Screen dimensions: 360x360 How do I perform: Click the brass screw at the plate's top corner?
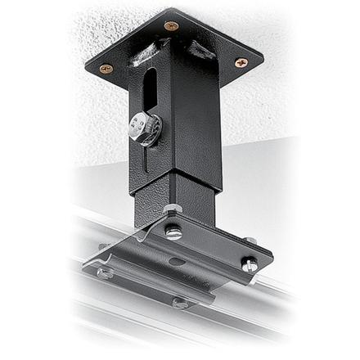tap(170, 26)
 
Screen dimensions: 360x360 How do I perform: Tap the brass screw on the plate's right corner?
tap(241, 62)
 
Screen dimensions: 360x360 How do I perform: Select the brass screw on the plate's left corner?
tap(106, 70)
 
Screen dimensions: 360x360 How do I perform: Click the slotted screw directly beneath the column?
tap(173, 232)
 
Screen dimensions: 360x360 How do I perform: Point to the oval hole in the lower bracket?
tap(175, 261)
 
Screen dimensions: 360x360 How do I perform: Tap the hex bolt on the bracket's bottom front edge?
tap(178, 302)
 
